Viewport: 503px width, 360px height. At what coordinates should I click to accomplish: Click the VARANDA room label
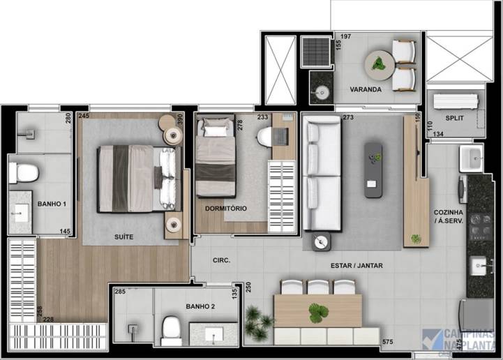tap(366, 90)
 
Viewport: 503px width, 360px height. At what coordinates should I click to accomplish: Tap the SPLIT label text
tap(453, 119)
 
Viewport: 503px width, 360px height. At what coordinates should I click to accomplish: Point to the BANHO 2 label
tap(200, 306)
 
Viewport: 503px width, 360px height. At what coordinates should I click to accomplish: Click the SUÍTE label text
tap(123, 237)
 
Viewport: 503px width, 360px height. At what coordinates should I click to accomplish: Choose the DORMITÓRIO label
tap(225, 209)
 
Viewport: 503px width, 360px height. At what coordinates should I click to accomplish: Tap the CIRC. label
tap(222, 261)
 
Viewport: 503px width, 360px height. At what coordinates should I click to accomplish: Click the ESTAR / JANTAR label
tap(356, 266)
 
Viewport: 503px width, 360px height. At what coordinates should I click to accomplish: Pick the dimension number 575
tap(388, 342)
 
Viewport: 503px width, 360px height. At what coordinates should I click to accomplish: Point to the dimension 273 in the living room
tap(349, 117)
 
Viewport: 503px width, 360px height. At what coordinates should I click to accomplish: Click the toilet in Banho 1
tap(22, 171)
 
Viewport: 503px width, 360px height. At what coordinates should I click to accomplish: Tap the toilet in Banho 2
tap(171, 327)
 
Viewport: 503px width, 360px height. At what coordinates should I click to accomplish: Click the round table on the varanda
tap(379, 65)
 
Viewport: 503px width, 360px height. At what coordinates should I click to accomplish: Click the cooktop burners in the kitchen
tap(479, 225)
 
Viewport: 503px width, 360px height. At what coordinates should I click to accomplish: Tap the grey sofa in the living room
tap(321, 174)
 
